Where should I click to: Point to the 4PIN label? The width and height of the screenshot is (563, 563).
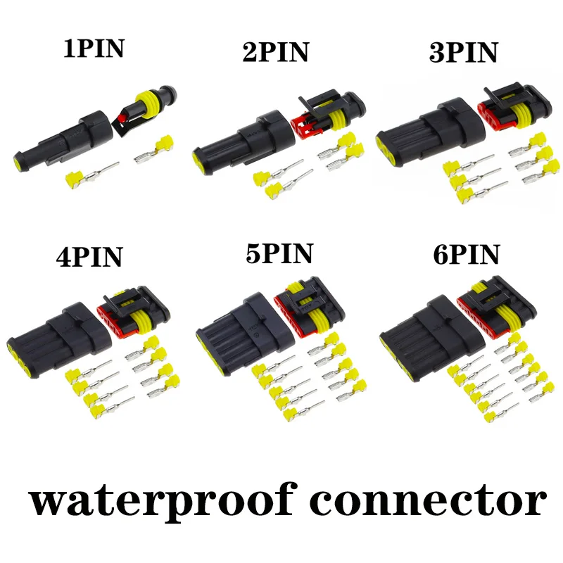click(89, 257)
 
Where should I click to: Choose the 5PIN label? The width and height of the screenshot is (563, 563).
click(279, 253)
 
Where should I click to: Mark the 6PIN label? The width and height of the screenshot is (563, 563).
click(467, 254)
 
